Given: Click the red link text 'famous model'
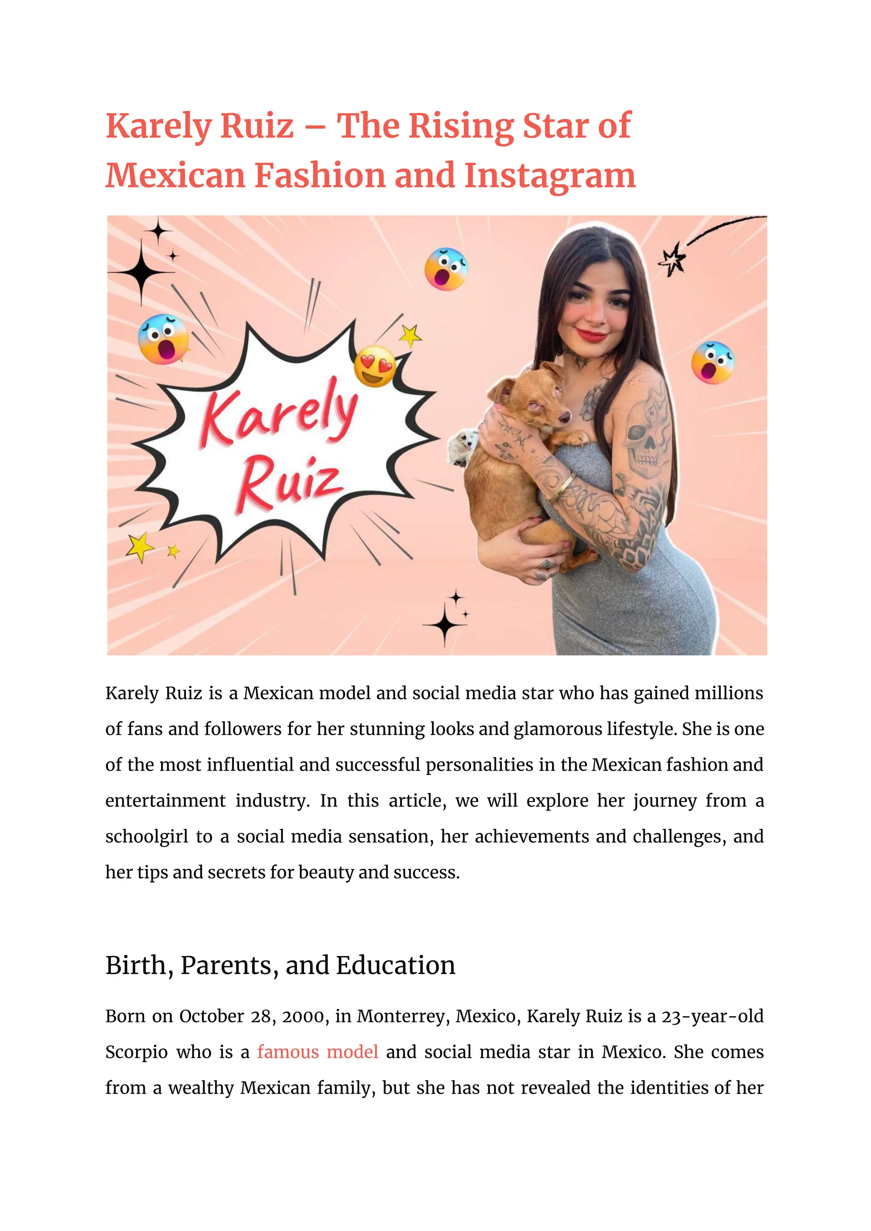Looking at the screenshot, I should pos(318,1052).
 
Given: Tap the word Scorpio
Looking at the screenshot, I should pos(136,1052).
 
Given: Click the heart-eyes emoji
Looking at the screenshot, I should pos(374,366).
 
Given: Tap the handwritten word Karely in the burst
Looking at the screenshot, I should pos(279,414).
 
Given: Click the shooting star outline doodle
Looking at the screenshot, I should pos(673,259).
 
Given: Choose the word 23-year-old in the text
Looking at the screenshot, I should pos(712,1017).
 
